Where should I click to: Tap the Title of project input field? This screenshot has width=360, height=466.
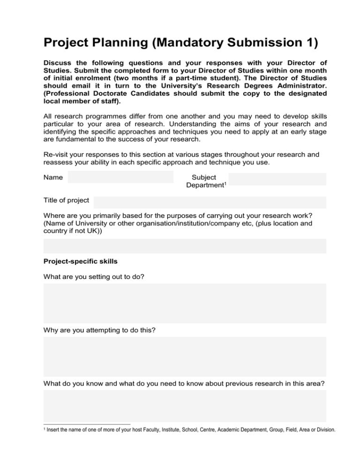click(x=210, y=202)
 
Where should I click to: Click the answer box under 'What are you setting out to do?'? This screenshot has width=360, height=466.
click(x=185, y=303)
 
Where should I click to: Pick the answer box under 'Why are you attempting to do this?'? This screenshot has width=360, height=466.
click(x=185, y=357)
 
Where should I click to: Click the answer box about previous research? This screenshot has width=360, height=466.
click(x=185, y=406)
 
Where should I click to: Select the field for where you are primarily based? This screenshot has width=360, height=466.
click(x=185, y=246)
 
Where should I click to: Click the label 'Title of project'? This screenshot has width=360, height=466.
click(x=66, y=201)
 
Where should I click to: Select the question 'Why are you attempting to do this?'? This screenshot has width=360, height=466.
click(x=100, y=330)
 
